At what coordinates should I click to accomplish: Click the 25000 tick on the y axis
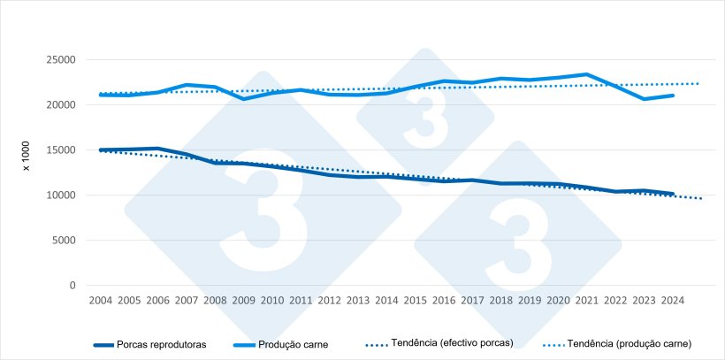click(60, 60)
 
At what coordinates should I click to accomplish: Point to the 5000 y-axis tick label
click(63, 241)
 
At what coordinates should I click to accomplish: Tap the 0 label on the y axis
click(73, 286)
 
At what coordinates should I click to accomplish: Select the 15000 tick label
click(60, 150)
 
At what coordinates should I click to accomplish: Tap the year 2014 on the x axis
click(386, 301)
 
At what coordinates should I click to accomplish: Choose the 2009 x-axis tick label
click(243, 301)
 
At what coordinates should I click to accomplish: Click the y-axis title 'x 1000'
click(27, 157)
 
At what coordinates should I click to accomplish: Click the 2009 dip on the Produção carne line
click(243, 99)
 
